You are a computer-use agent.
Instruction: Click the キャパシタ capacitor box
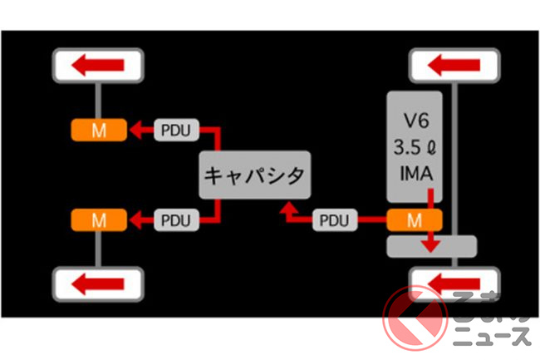tap(254, 175)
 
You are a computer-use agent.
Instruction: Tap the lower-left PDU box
tap(175, 220)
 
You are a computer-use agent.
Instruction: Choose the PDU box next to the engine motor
tap(336, 220)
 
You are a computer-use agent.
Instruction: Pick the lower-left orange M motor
tap(97, 220)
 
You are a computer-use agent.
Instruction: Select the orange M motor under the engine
tap(414, 220)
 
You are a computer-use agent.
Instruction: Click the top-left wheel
tap(98, 64)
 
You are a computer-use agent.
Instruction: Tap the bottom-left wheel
tap(98, 284)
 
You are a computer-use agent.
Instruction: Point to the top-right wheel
tap(454, 64)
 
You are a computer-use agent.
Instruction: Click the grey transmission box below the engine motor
tap(431, 247)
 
